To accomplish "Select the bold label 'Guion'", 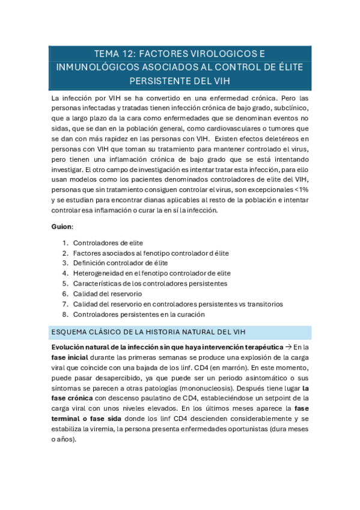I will coord(63,227).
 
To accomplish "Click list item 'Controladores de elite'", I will coord(108,243).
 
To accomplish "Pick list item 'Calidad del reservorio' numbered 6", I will coord(108,294).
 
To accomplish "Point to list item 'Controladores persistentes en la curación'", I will coord(139,315).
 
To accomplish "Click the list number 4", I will coord(65,274).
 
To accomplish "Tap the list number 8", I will coord(65,315).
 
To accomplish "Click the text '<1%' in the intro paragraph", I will coord(301,189).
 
